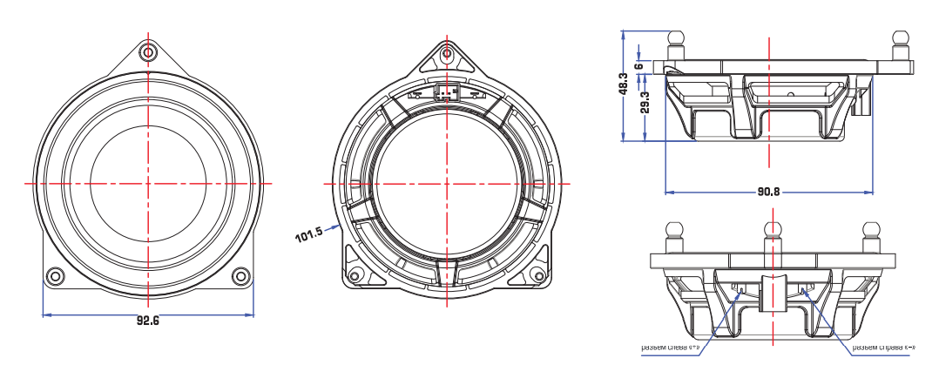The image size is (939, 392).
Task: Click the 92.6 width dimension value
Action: point(148,321)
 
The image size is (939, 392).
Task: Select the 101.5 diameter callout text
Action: point(309,233)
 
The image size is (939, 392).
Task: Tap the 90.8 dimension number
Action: point(768,192)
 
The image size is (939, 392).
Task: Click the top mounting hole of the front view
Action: point(148,52)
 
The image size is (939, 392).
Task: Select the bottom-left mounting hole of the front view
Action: point(55,276)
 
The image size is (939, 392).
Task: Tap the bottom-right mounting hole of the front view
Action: point(240,276)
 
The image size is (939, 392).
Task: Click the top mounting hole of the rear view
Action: point(447,54)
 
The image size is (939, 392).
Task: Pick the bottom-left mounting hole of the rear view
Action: point(354,277)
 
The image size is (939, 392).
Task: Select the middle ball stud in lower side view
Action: point(771,232)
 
